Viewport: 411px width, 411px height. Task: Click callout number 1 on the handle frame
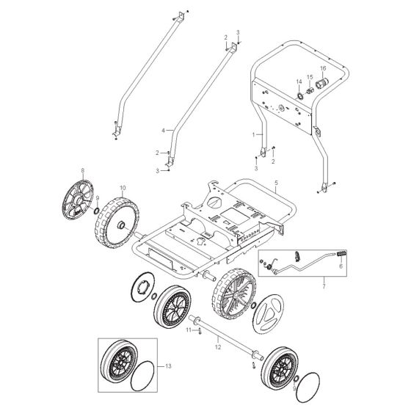[x=254, y=137]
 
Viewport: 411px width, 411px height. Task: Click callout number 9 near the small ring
[x=97, y=199]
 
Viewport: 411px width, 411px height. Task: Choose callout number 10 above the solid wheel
[x=122, y=188]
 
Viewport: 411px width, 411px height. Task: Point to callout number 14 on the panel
[x=299, y=81]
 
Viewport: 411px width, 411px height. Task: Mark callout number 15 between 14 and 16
[x=310, y=76]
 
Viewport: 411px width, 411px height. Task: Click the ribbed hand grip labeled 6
[x=341, y=255]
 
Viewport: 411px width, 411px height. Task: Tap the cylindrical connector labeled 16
[x=321, y=87]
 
